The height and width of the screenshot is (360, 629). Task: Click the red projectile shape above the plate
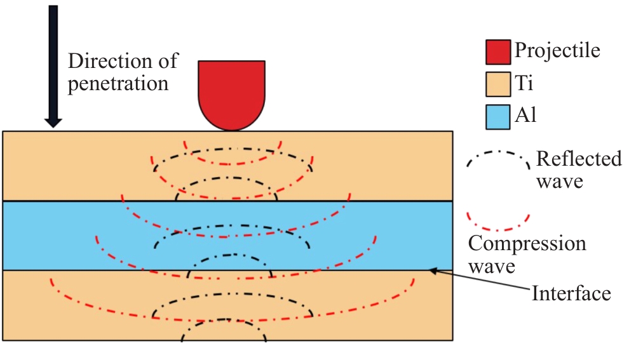pos(232,92)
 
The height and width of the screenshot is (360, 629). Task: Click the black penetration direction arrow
pos(53,63)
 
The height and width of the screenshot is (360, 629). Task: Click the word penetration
pos(118,83)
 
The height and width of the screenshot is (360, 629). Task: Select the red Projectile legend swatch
pos(497,51)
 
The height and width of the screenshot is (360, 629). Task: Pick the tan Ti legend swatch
pos(497,83)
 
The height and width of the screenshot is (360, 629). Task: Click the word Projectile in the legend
pos(557,50)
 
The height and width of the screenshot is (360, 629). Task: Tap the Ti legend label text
pos(524,83)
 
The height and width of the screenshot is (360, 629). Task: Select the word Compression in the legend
pos(527,244)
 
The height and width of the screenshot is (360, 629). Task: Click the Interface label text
pos(571,293)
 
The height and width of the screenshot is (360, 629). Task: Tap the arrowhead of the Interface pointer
pos(433,271)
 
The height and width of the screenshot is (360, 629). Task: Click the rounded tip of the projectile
pos(232,126)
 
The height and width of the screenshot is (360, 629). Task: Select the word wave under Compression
pos(492,266)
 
